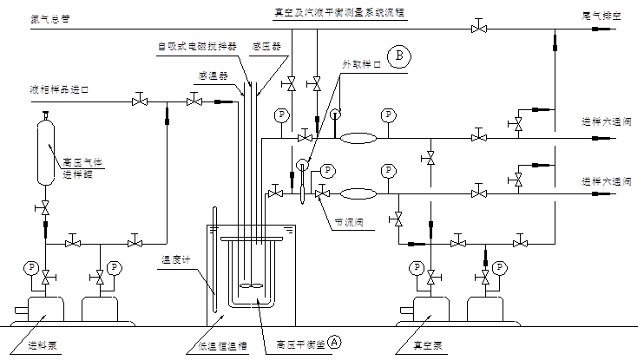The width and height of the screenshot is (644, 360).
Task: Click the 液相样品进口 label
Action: point(60,89)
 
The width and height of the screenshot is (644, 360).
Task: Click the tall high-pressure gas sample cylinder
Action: point(46,152)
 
